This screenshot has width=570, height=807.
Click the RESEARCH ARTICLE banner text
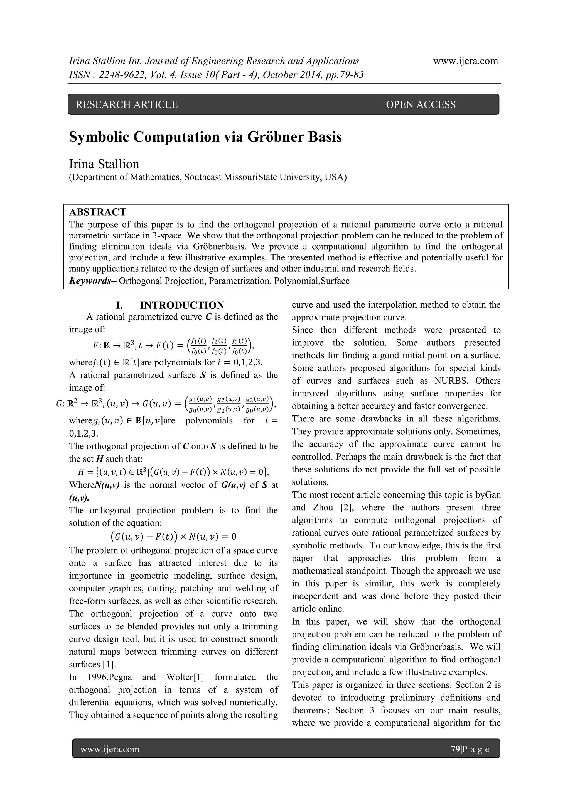click(x=127, y=104)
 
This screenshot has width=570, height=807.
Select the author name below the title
click(x=104, y=164)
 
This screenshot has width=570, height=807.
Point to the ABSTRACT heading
click(x=97, y=212)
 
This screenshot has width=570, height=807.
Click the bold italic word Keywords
click(x=90, y=281)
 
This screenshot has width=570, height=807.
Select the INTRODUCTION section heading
click(x=181, y=305)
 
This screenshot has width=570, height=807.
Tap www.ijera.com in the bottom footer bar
click(x=110, y=749)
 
